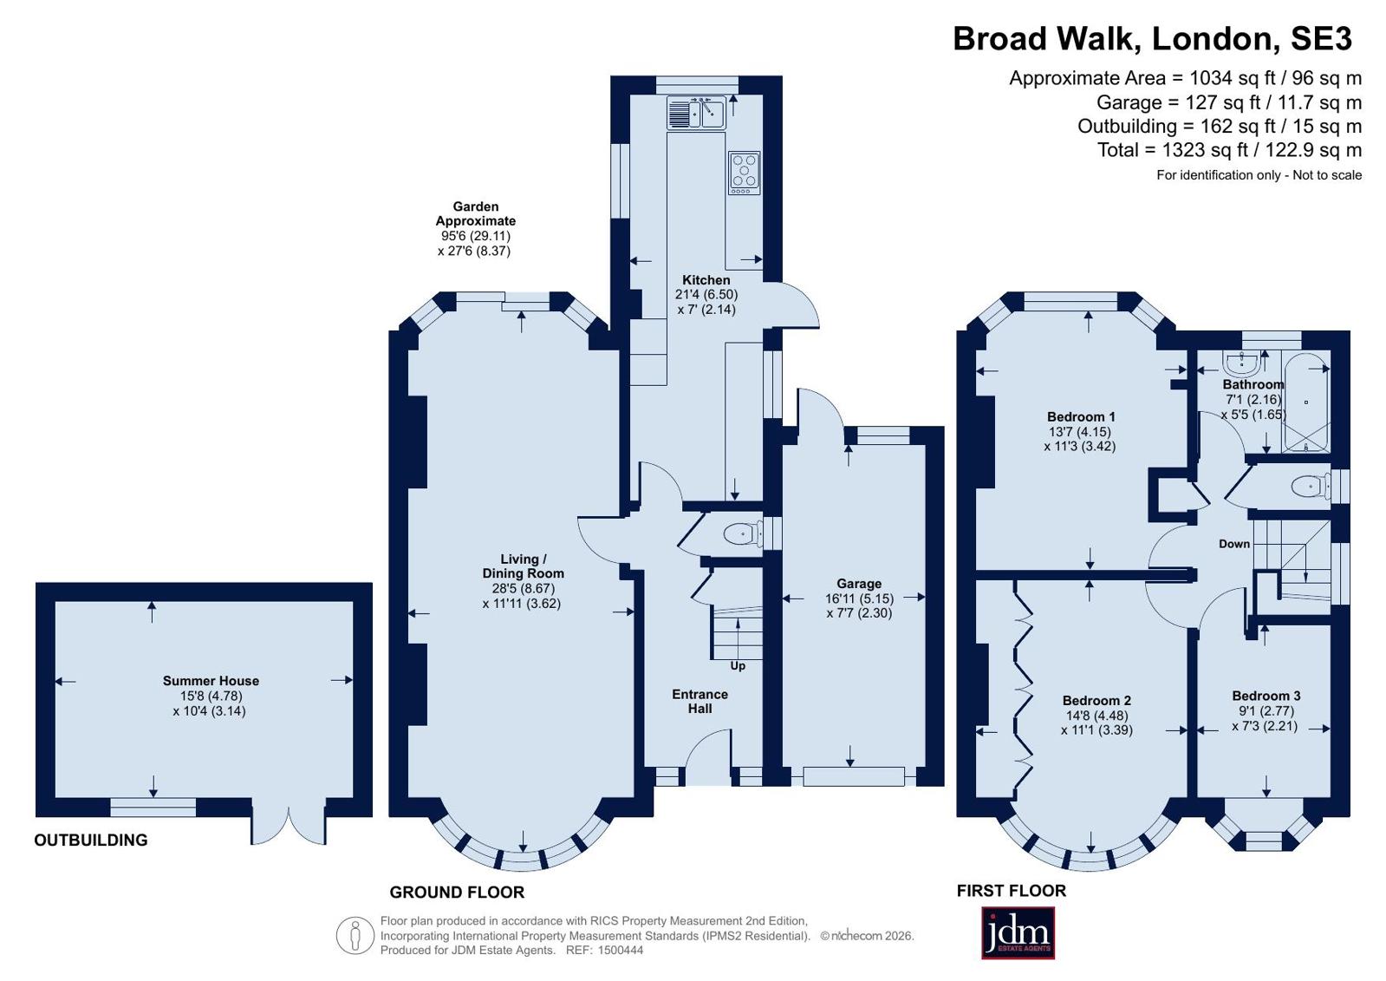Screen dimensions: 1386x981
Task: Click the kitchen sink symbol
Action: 696,112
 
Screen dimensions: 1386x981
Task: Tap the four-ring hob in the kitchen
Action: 745,172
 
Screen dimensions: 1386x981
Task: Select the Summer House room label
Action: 211,681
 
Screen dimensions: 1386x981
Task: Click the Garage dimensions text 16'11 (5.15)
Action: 859,598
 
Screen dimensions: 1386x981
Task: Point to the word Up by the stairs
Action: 738,666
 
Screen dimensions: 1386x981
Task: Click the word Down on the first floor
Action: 1233,544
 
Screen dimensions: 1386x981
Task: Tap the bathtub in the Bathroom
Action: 1306,402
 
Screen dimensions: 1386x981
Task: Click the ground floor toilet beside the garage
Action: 743,533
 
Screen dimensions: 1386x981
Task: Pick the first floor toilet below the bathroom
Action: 1311,487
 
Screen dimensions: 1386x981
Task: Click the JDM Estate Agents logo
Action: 1018,932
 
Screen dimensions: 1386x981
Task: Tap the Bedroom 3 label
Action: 1266,696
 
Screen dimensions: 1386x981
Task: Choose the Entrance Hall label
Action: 700,701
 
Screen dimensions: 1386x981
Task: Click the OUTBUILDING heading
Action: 91,840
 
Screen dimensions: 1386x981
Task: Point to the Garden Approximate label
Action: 475,213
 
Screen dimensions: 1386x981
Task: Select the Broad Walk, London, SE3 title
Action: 1153,38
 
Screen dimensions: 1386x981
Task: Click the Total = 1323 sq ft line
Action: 1229,150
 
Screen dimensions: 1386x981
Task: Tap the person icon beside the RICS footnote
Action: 355,935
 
